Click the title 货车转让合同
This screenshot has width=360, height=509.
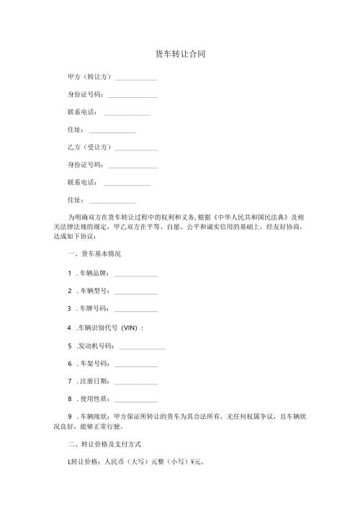click(x=180, y=55)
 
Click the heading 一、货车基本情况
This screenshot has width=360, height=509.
click(x=94, y=255)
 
